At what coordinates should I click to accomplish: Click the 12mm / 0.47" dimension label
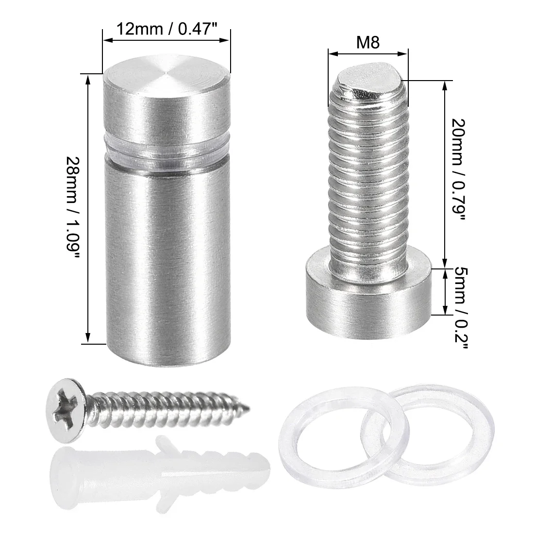[x=167, y=29]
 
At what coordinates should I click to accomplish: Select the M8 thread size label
[x=368, y=43]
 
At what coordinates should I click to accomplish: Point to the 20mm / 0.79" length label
[x=458, y=169]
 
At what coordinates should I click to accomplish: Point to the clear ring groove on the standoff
[x=167, y=155]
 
